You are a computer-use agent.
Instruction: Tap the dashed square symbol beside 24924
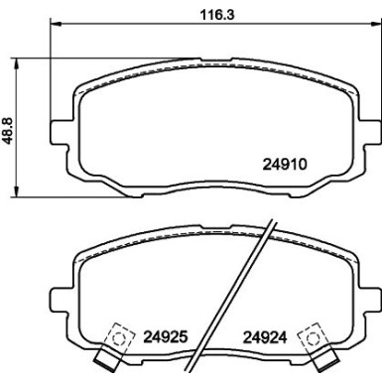[x=315, y=336]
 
